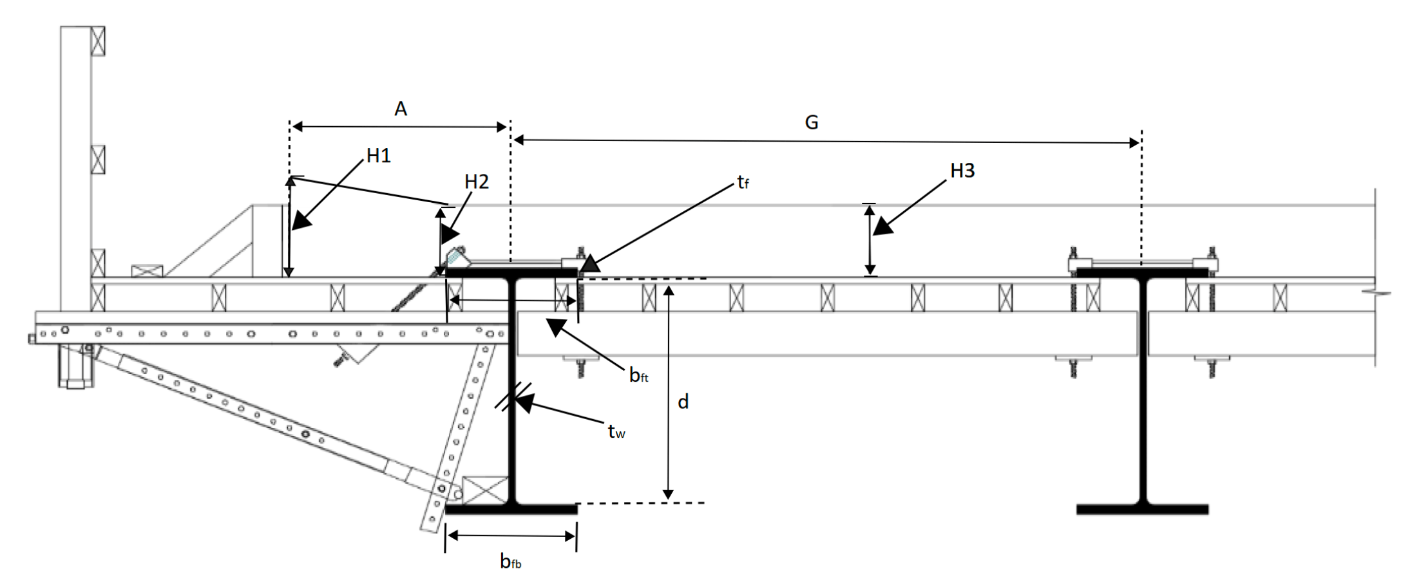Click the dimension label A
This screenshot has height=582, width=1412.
point(401,109)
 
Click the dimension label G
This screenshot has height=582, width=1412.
point(812,122)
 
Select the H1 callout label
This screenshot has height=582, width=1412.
point(379,156)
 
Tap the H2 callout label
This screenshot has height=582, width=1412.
point(477,182)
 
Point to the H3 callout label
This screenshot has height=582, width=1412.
point(962,171)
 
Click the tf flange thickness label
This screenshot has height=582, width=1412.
point(743,183)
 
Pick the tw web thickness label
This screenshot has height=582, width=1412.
point(616,431)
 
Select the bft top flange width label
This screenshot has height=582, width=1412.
point(638,375)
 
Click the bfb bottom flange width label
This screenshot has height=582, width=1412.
point(510,562)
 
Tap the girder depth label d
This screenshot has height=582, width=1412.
point(683,402)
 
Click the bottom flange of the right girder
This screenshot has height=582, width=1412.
point(1142,509)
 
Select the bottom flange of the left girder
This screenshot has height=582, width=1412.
point(511,509)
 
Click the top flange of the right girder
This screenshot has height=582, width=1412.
point(1142,273)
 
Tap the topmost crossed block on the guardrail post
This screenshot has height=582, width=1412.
point(98,41)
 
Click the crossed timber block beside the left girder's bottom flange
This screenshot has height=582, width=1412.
point(485,490)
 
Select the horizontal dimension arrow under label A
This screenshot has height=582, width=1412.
point(399,127)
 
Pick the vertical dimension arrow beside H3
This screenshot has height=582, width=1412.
point(870,239)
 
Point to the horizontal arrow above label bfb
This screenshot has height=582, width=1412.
point(511,536)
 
